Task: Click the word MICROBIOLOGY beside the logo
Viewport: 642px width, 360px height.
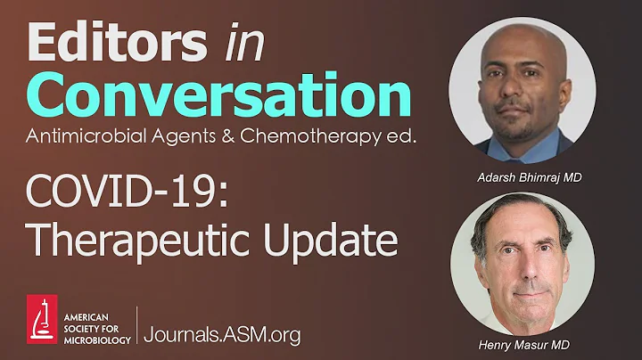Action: (x=97, y=340)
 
